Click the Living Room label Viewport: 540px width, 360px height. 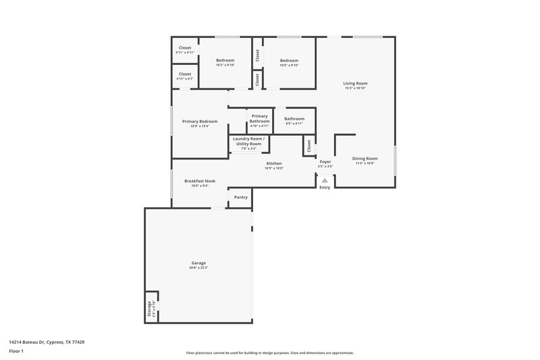click(355, 83)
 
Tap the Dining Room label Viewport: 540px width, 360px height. click(363, 159)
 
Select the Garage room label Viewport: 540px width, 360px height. click(198, 263)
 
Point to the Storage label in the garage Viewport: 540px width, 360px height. click(149, 309)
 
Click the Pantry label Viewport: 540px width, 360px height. click(240, 197)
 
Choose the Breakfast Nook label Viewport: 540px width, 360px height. click(199, 181)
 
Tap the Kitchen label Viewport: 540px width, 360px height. click(273, 163)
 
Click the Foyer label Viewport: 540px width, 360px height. click(325, 161)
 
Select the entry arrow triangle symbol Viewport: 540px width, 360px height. click(325, 180)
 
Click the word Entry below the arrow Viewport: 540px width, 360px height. click(325, 188)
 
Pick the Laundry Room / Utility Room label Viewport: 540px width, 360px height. click(248, 141)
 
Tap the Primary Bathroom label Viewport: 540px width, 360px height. click(260, 119)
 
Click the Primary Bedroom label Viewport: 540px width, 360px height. click(200, 122)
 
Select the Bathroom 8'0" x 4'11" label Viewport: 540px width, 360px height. click(294, 119)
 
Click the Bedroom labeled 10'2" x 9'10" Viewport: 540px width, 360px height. click(225, 61)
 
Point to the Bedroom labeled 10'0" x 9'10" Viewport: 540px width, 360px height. click(289, 61)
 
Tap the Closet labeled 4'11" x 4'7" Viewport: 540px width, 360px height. click(184, 74)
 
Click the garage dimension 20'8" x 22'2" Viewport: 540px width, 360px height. click(198, 268)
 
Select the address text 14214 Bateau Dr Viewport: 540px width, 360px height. click(30, 342)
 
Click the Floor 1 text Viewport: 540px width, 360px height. click(16, 352)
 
